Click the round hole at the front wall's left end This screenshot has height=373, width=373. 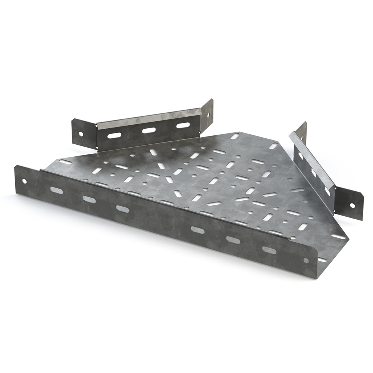(24, 181)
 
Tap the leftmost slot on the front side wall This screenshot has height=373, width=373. (57, 190)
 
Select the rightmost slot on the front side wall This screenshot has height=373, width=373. (269, 250)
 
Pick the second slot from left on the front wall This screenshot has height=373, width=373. (89, 200)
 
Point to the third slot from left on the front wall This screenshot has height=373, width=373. (122, 209)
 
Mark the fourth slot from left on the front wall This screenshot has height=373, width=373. (198, 230)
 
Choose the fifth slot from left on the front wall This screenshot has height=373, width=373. (233, 240)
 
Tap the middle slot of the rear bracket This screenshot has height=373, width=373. (148, 131)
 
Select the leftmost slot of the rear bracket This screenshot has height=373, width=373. (114, 135)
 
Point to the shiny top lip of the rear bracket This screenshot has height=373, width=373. (149, 119)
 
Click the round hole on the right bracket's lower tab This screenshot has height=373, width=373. (352, 205)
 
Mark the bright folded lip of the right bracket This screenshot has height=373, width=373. (313, 160)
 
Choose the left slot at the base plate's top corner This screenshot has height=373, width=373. (235, 136)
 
